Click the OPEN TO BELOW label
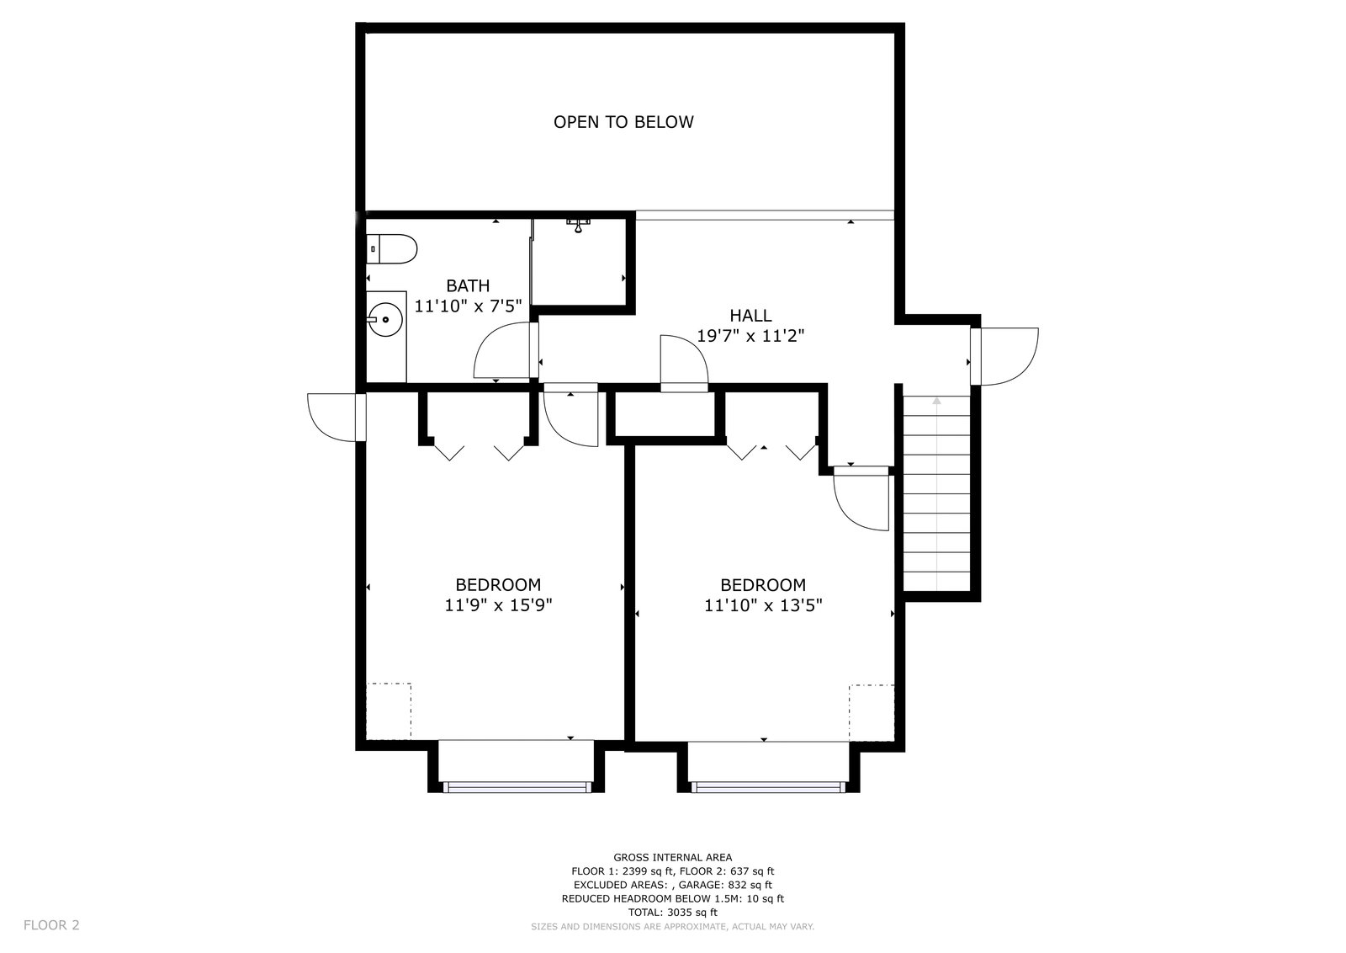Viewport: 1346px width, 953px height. click(x=623, y=122)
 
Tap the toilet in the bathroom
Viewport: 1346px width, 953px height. click(x=392, y=249)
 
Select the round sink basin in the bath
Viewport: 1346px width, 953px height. click(x=385, y=319)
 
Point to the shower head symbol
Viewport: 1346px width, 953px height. click(x=578, y=225)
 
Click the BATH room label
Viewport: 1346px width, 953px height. click(x=468, y=285)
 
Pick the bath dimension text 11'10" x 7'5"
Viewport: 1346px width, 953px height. click(x=468, y=306)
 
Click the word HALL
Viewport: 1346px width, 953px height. click(x=750, y=315)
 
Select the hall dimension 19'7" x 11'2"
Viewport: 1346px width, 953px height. click(x=750, y=336)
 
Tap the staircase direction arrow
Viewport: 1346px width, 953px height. click(x=937, y=493)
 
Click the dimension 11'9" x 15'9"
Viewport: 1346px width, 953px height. click(x=498, y=604)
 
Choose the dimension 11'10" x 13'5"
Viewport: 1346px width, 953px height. click(x=763, y=604)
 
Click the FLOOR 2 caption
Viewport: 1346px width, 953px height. click(x=51, y=924)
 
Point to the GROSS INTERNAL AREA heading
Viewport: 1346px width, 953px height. click(x=672, y=857)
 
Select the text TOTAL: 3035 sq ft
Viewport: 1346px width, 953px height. click(x=672, y=912)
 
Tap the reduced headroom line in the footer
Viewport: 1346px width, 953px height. click(x=672, y=899)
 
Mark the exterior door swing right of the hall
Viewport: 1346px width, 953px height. click(x=1004, y=356)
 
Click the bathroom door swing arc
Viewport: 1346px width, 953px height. click(x=501, y=350)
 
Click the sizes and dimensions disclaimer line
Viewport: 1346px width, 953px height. click(x=672, y=927)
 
